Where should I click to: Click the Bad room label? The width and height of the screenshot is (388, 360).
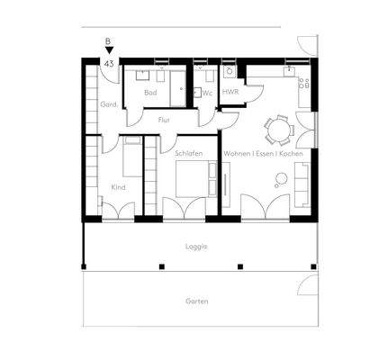click(149, 92)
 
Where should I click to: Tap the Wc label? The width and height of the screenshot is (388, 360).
click(207, 93)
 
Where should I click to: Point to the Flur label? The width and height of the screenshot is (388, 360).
click(164, 120)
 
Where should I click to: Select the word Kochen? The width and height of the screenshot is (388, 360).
click(290, 153)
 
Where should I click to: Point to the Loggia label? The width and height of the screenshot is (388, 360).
click(197, 245)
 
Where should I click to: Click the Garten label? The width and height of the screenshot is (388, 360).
click(197, 301)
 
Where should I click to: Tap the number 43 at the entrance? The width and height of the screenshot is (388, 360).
click(109, 64)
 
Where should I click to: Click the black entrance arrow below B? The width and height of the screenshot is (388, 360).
click(109, 52)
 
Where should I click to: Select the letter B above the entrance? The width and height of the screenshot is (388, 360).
click(109, 41)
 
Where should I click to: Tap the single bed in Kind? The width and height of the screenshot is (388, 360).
click(131, 162)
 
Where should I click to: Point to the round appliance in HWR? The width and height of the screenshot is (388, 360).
click(230, 71)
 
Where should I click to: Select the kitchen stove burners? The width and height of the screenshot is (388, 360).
click(303, 85)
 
